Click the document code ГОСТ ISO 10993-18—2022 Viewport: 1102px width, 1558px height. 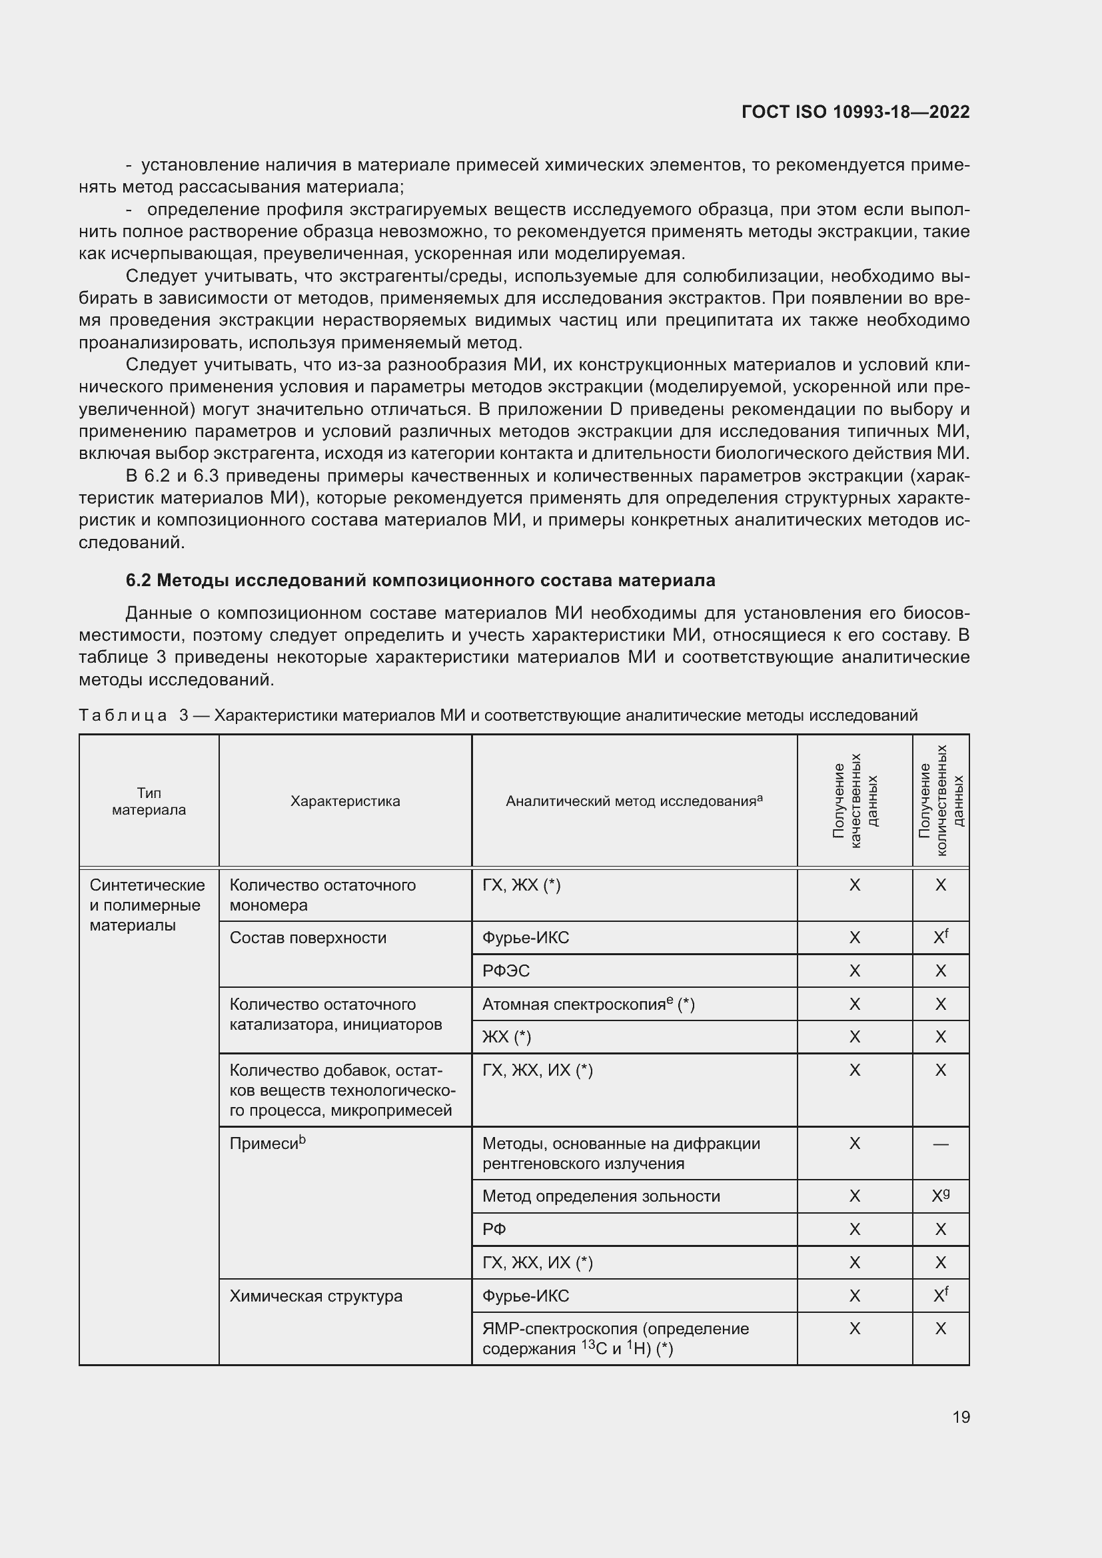[x=855, y=112]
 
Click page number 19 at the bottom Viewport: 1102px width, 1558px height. [x=961, y=1417]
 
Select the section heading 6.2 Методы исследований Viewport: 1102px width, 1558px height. [x=420, y=580]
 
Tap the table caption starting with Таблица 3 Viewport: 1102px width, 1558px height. [x=498, y=715]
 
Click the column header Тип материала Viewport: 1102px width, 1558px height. [x=149, y=801]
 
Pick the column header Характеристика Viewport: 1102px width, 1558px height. [x=344, y=801]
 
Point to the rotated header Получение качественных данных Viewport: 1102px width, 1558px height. [x=854, y=801]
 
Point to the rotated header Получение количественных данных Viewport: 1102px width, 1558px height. [x=941, y=801]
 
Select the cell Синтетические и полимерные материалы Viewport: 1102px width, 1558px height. [x=147, y=905]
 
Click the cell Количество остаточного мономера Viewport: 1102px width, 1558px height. [x=323, y=895]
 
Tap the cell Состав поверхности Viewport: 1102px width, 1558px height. [x=307, y=938]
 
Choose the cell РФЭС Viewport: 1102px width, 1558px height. [x=506, y=971]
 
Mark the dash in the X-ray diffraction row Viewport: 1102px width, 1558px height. [x=941, y=1144]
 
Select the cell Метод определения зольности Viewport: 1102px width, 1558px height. [x=600, y=1196]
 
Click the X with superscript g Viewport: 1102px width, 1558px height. [x=941, y=1196]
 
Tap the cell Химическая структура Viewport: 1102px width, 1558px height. [x=316, y=1296]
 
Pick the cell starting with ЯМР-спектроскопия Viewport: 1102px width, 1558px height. [x=615, y=1338]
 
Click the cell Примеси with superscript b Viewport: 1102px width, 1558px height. [x=267, y=1144]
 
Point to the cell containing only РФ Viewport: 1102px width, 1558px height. [x=494, y=1230]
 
